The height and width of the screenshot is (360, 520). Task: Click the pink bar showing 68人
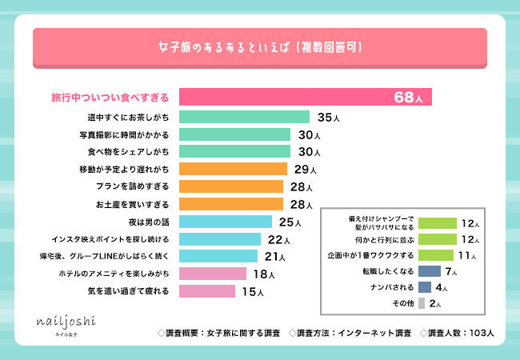click(305, 97)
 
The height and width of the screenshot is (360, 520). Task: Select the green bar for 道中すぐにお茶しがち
click(244, 117)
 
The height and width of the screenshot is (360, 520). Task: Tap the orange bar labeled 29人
click(233, 169)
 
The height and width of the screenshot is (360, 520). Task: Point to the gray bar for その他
click(422, 303)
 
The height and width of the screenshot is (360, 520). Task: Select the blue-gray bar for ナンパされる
click(425, 287)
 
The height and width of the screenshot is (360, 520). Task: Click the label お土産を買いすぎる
click(132, 204)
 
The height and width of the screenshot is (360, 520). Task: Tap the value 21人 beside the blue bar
click(275, 257)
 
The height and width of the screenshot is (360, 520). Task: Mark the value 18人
click(263, 274)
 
